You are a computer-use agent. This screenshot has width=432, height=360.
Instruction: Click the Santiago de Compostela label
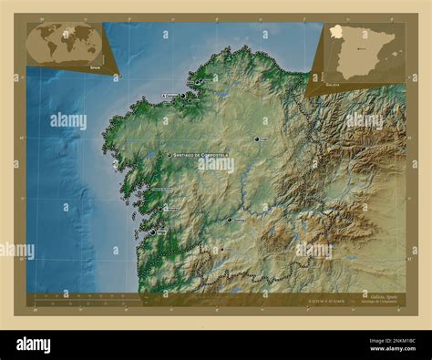click(x=201, y=156)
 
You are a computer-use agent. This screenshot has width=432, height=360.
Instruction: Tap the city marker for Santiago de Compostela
click(x=170, y=156)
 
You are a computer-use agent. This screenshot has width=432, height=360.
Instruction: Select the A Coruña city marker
click(x=182, y=95)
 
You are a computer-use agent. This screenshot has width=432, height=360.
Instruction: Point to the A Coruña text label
click(x=170, y=94)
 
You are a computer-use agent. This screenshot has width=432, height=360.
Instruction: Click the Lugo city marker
click(x=257, y=140)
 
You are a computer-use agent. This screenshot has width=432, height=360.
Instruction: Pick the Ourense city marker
click(x=230, y=219)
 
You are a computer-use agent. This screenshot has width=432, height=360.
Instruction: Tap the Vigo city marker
click(x=152, y=232)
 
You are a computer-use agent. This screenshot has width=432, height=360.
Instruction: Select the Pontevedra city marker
click(x=157, y=210)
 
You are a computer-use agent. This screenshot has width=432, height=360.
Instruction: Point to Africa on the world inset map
click(x=67, y=45)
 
